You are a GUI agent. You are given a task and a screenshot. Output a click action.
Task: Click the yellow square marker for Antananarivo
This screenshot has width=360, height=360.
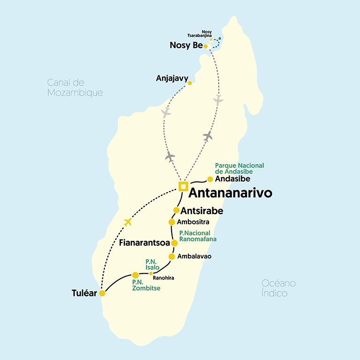tap(183, 186)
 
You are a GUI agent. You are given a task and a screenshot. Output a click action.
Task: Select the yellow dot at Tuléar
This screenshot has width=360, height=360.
tap(102, 293)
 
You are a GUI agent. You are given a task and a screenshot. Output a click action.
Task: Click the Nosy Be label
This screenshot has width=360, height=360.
tap(186, 45)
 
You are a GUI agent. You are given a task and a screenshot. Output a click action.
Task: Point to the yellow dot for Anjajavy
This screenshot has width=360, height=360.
tap(190, 83)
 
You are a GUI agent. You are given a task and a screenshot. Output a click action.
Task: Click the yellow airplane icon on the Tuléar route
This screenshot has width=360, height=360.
tap(127, 222)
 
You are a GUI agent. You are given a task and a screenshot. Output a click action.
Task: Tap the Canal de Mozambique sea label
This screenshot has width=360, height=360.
tap(75, 88)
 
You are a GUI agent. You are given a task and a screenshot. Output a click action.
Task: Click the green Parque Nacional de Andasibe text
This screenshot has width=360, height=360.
tap(239, 169)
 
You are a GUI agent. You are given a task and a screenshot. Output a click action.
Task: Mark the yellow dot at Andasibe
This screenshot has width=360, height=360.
tap(210, 179)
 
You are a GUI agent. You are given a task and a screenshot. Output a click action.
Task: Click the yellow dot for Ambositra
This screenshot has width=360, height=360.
tap(172, 222)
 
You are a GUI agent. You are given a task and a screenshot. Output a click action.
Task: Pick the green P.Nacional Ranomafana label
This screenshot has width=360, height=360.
tap(198, 236)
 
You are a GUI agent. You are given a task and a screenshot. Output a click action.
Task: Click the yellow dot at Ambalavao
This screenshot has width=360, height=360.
tap(172, 256)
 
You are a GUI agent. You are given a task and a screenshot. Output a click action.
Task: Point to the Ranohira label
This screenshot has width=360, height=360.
tap(164, 278)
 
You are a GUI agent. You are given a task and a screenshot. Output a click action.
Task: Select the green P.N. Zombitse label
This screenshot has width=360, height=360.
tap(146, 285)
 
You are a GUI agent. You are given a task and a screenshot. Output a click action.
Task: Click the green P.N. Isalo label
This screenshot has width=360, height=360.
tap(152, 264)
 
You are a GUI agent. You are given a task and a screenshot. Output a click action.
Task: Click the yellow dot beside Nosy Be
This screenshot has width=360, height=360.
tap(205, 46)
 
